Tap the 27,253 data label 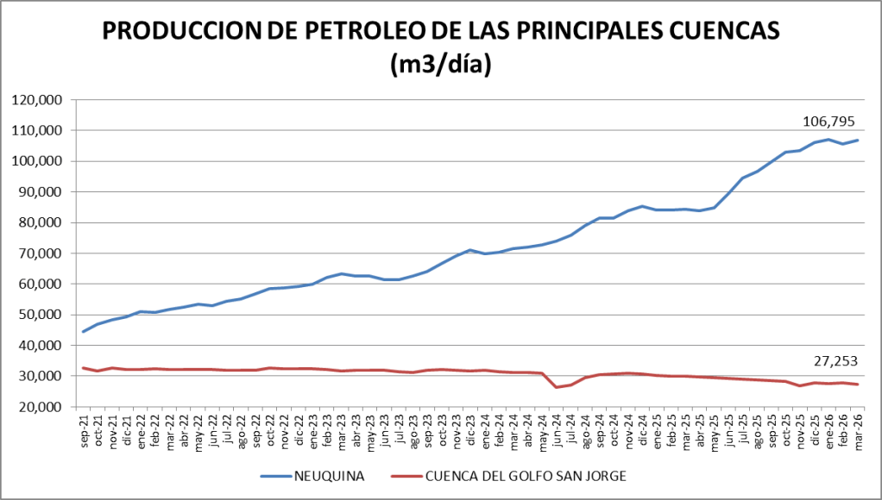tap(835, 360)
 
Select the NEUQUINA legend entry tap(329, 475)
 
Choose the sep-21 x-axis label tap(83, 428)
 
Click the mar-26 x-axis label tap(857, 428)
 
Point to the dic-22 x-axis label tap(299, 428)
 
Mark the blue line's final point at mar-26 tap(857, 141)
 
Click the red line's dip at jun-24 tap(556, 387)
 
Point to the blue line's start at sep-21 tap(83, 332)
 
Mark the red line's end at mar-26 tap(857, 384)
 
